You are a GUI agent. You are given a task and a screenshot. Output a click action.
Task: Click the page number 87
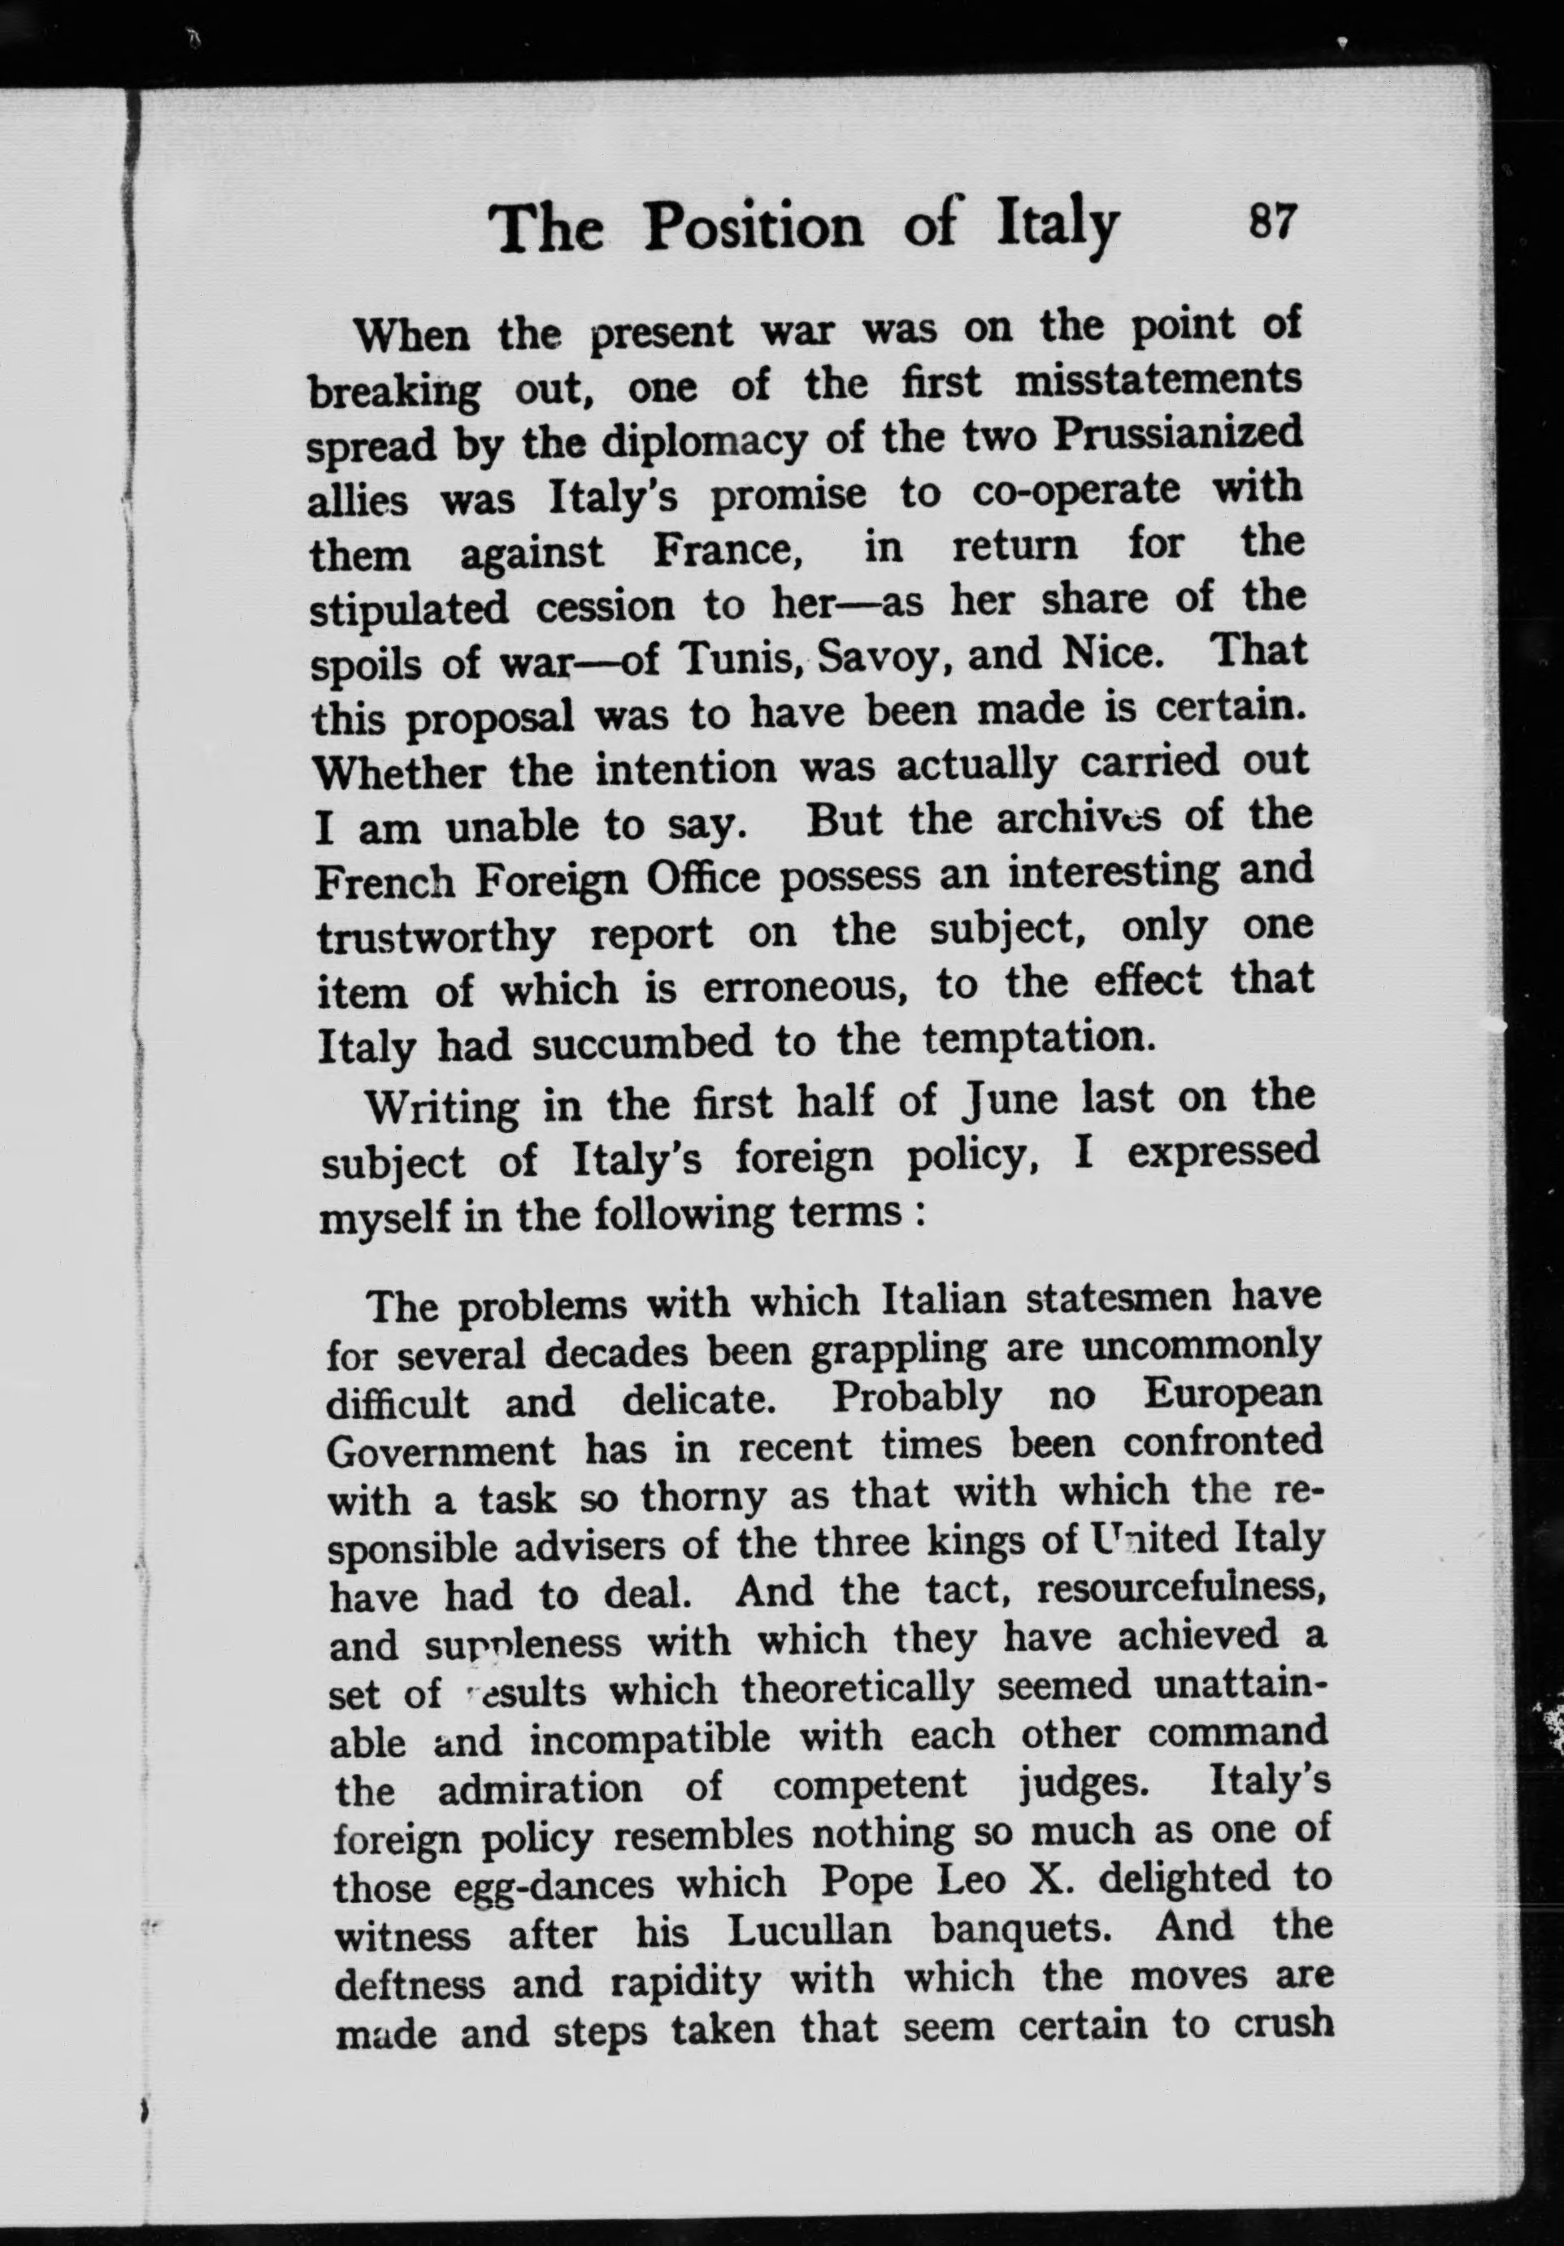pyautogui.click(x=1271, y=222)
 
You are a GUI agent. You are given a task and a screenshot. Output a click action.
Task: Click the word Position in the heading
pyautogui.click(x=754, y=228)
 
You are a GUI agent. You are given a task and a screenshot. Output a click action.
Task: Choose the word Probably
pyautogui.click(x=916, y=1398)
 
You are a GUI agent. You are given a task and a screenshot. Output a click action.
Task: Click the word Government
pyautogui.click(x=441, y=1450)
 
